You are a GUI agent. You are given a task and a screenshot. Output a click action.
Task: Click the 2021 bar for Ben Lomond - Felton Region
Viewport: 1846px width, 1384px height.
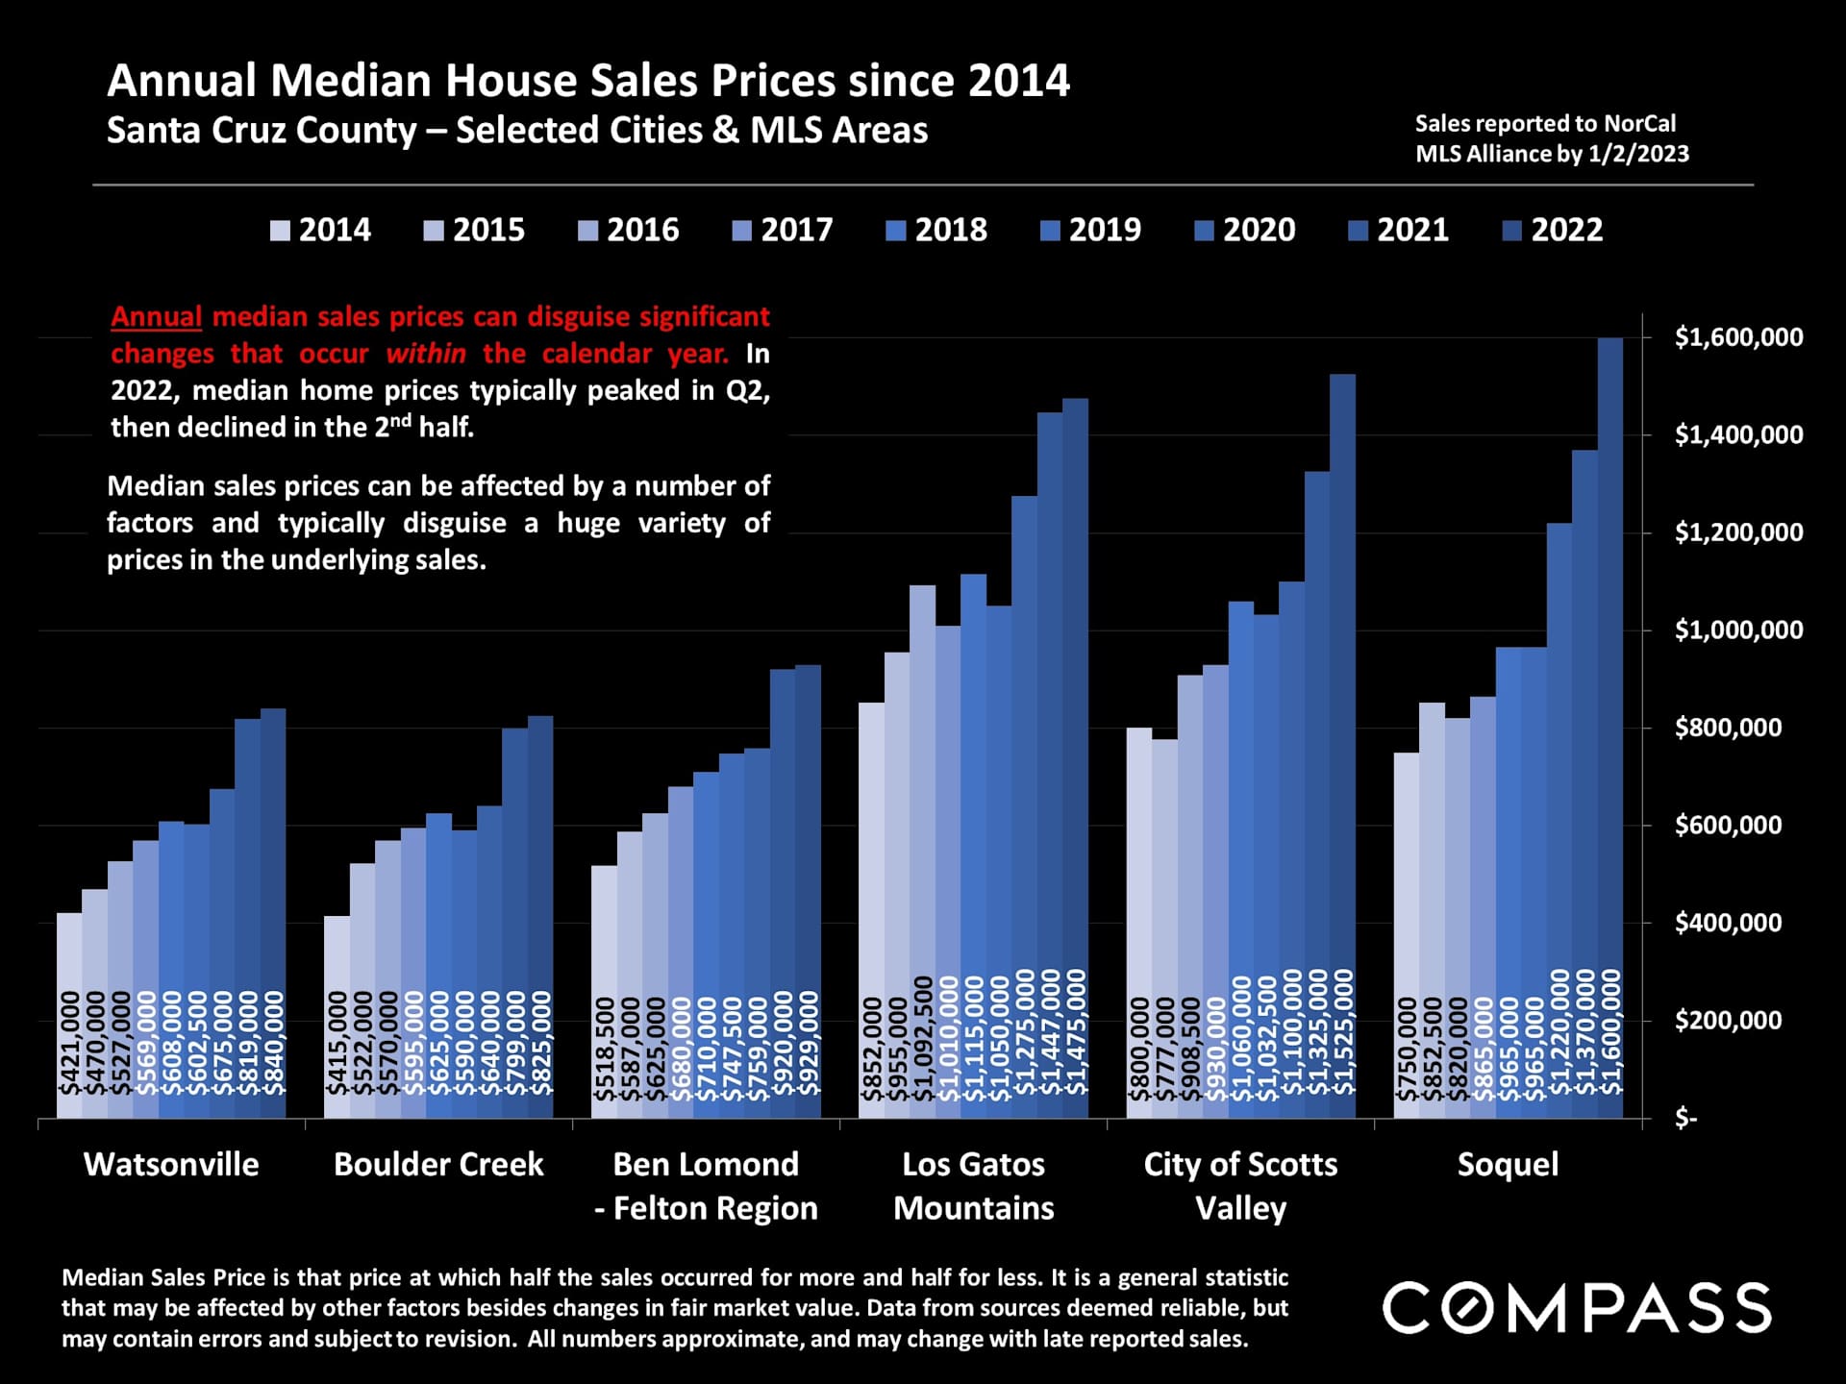[783, 894]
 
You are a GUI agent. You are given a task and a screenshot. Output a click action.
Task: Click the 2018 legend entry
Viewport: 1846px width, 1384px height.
[936, 231]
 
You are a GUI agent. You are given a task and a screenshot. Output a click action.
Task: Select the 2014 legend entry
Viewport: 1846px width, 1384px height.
[320, 231]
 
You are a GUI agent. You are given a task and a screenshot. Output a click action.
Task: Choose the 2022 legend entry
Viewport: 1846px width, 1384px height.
[1553, 231]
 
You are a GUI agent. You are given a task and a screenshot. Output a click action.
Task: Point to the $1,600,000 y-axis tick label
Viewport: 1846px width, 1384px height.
[1738, 337]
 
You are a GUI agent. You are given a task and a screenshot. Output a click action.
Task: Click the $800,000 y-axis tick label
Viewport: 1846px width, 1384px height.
[1728, 728]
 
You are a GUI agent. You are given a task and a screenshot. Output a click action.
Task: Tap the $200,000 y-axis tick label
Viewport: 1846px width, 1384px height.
[1728, 1020]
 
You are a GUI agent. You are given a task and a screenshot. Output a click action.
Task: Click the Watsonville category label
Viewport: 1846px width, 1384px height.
[171, 1165]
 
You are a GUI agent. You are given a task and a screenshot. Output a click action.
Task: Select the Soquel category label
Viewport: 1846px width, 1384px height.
[1508, 1165]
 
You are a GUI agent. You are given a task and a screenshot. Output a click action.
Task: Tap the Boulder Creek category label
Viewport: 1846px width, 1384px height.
[438, 1165]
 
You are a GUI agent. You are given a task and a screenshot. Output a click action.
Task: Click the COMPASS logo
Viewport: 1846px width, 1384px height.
[1577, 1307]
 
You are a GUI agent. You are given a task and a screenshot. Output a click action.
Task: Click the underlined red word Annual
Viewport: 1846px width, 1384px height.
[156, 316]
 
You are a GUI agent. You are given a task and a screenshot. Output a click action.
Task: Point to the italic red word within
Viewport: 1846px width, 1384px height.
[426, 354]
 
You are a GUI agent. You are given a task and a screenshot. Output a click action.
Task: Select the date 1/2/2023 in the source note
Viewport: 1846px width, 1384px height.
[1638, 154]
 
